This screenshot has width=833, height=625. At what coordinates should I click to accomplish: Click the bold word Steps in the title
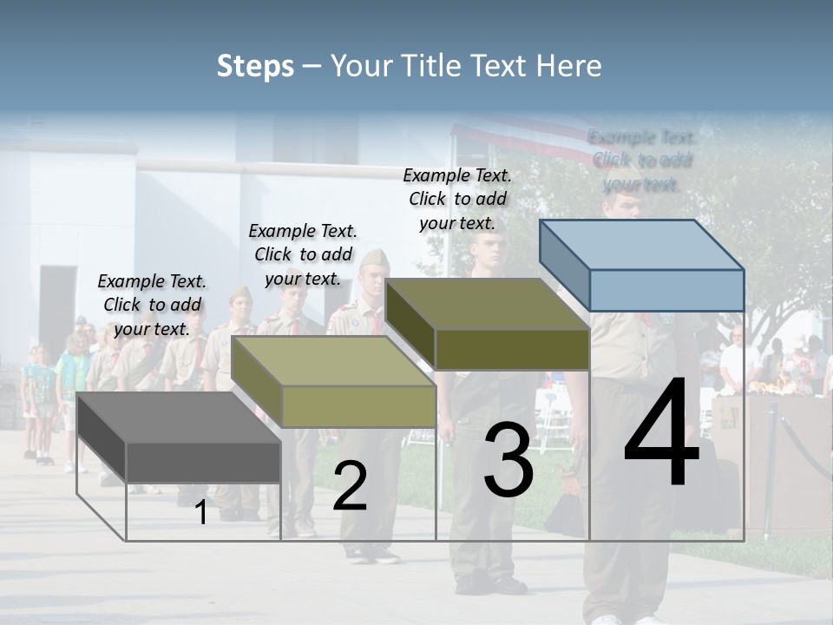tap(255, 66)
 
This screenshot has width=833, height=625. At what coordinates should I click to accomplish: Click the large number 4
tap(661, 434)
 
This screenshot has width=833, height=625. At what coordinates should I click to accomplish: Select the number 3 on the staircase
tap(508, 460)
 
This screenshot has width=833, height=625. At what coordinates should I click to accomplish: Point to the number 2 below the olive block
tap(350, 486)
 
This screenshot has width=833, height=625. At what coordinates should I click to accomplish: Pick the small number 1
tap(201, 512)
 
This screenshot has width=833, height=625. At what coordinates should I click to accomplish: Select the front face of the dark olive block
tap(512, 349)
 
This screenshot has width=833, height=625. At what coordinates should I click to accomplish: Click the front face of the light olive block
tap(358, 406)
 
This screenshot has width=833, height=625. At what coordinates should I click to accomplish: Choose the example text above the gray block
tap(152, 305)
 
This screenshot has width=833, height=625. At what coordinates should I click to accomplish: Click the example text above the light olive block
tap(303, 254)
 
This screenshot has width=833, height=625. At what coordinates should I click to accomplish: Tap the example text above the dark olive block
tap(457, 199)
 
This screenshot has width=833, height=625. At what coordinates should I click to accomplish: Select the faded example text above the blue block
tap(642, 161)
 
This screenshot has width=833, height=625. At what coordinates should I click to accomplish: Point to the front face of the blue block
tap(666, 290)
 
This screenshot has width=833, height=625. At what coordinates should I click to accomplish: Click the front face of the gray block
tap(203, 462)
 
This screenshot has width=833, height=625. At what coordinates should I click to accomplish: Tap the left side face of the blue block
tap(564, 265)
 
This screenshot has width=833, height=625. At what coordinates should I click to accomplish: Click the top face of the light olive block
tap(334, 361)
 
